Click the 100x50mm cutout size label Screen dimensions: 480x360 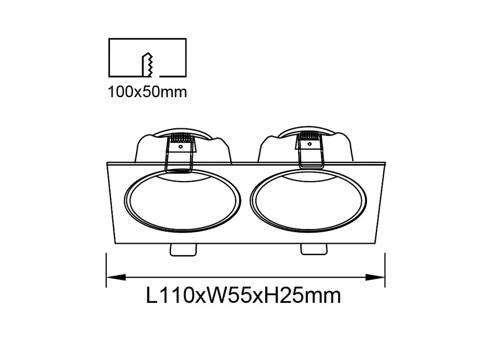click(147, 92)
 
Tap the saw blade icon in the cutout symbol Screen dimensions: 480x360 click(147, 65)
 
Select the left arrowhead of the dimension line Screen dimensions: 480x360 click(116, 277)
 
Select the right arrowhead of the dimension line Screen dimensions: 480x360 click(375, 277)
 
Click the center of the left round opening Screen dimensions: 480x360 click(182, 200)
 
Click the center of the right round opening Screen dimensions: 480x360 click(308, 200)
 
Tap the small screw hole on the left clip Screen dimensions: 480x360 click(180, 146)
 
